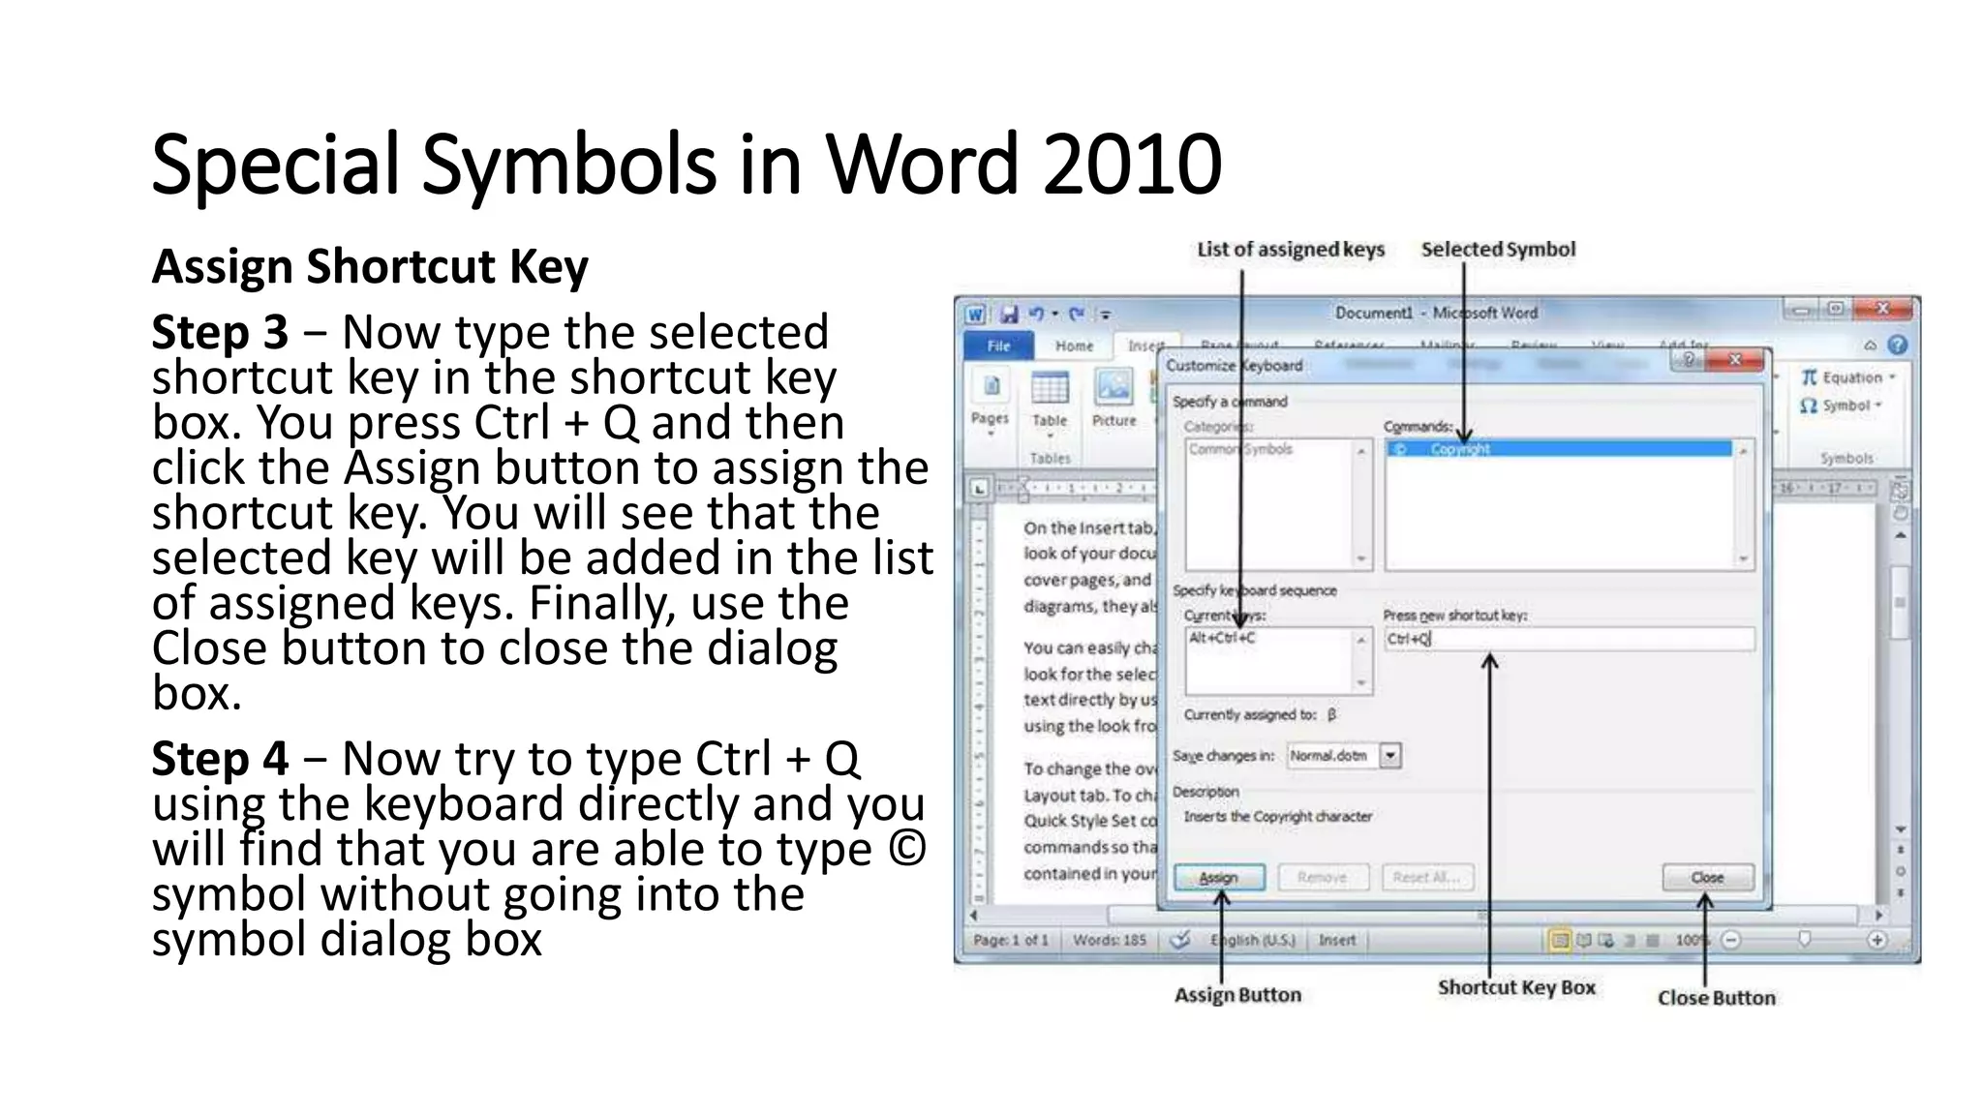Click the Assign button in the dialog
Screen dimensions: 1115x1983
[x=1219, y=877]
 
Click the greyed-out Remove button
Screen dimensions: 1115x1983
[x=1322, y=877]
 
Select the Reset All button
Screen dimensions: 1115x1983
[x=1427, y=877]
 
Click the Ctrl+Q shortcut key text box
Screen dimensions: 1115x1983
[x=1568, y=639]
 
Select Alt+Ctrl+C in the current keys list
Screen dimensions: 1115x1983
[x=1222, y=638]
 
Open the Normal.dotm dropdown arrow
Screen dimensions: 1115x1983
[x=1390, y=756]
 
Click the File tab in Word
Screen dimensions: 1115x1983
[x=998, y=346]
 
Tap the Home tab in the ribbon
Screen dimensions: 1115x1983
[x=1074, y=346]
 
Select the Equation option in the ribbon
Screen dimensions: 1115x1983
[x=1847, y=377]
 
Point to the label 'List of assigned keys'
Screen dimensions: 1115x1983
[x=1291, y=250]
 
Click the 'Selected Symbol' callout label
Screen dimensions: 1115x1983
[x=1498, y=250]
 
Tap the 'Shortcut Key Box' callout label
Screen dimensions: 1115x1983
[x=1516, y=987]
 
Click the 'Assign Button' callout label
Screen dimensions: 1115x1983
[x=1237, y=995]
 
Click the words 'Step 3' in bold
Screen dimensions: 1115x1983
[x=220, y=333]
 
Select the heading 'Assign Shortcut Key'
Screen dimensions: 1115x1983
[x=370, y=266]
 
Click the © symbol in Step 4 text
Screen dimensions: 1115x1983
[x=906, y=849]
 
